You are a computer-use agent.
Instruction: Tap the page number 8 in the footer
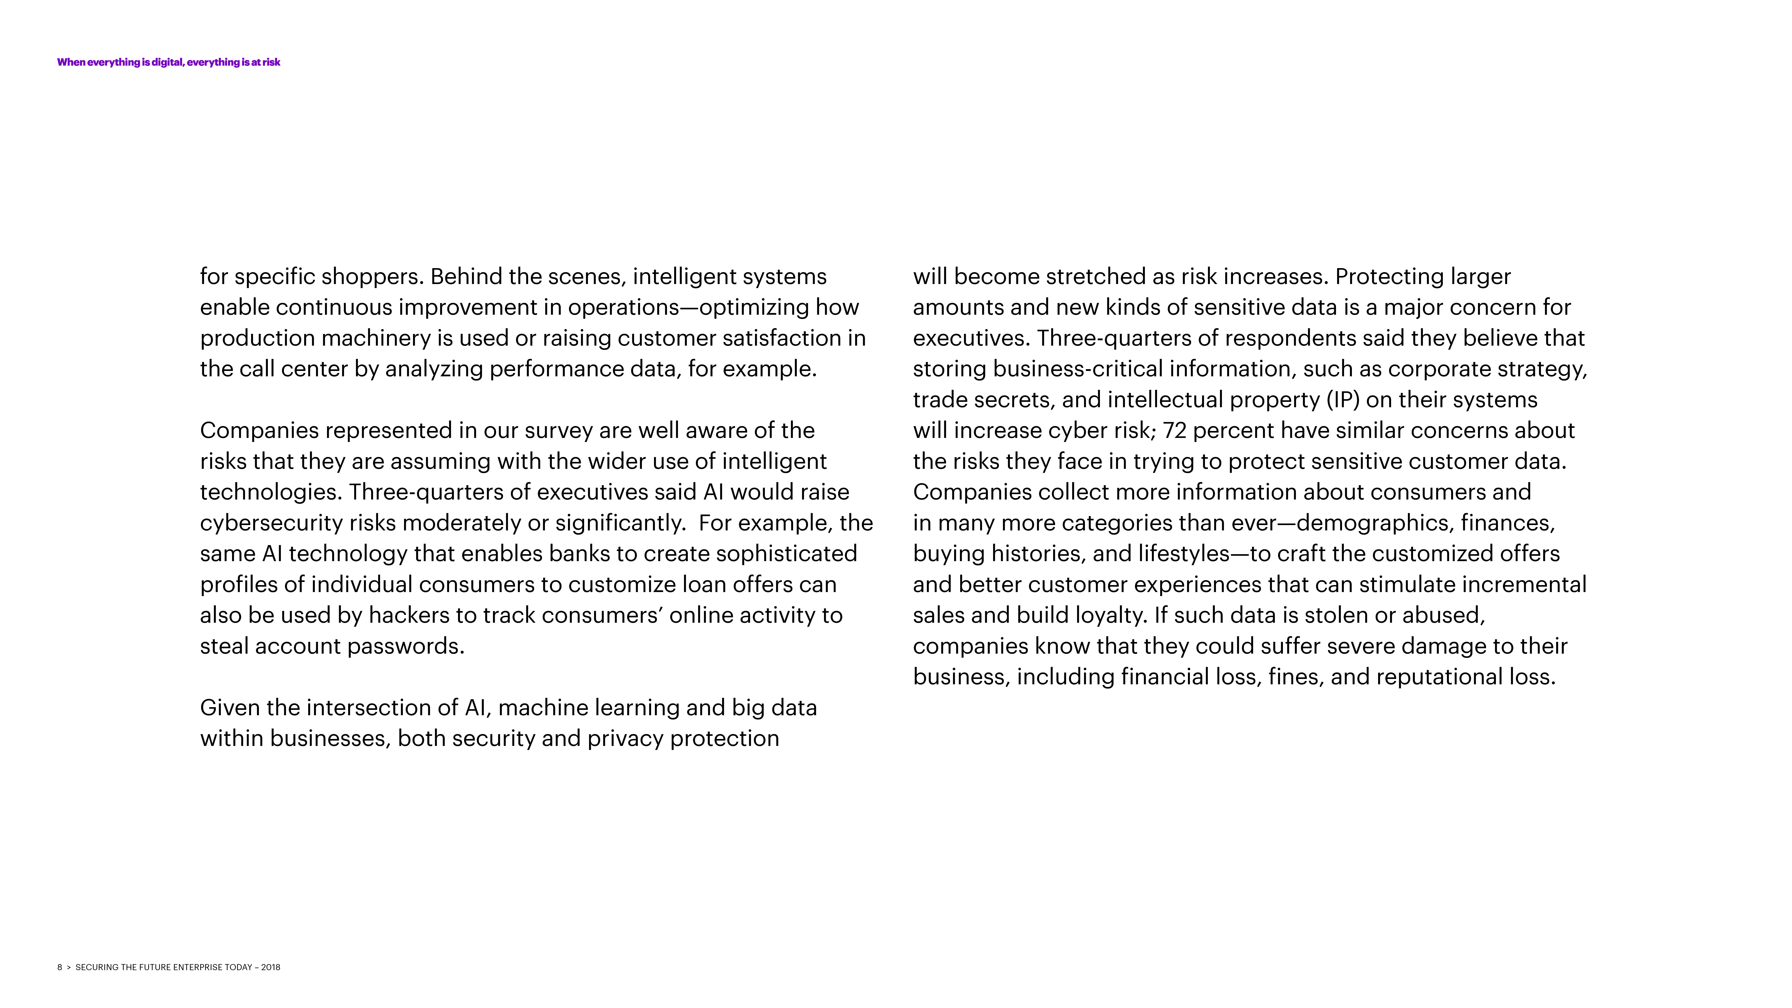click(60, 967)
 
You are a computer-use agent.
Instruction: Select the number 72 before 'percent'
click(1174, 431)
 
